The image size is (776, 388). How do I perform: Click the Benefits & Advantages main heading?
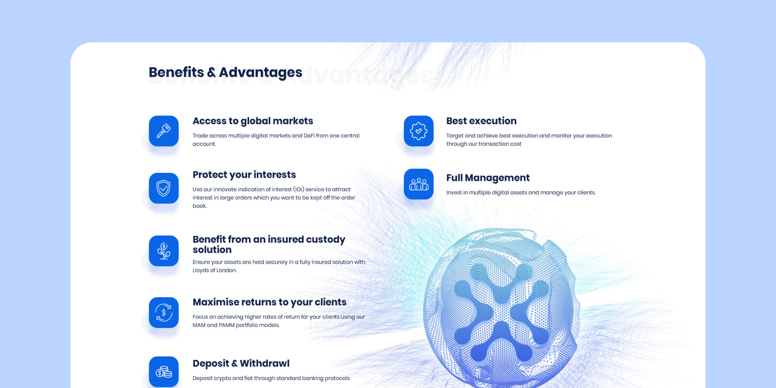point(225,72)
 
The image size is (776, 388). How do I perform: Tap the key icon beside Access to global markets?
point(164,131)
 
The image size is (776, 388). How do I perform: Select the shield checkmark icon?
point(164,188)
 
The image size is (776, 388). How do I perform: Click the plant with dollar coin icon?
point(164,251)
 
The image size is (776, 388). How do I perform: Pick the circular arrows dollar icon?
point(164,313)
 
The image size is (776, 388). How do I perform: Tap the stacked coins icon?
point(164,372)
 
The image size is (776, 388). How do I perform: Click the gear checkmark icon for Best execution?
point(419,131)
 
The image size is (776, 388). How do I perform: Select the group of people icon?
point(419,184)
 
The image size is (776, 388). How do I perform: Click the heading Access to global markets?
point(253,121)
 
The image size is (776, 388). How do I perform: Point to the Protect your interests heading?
point(244,175)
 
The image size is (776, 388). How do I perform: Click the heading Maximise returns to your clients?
point(269,302)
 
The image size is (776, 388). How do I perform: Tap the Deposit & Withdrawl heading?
point(241,364)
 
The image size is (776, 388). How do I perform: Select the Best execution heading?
point(481,121)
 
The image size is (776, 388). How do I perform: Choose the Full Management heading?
point(488,178)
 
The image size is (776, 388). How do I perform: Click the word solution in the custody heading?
point(212,250)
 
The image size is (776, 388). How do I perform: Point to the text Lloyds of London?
point(214,270)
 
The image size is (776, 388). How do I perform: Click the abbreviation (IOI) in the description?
point(298,190)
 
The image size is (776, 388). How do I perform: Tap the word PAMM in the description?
point(227,325)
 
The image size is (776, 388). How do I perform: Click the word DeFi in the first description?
point(309,136)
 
